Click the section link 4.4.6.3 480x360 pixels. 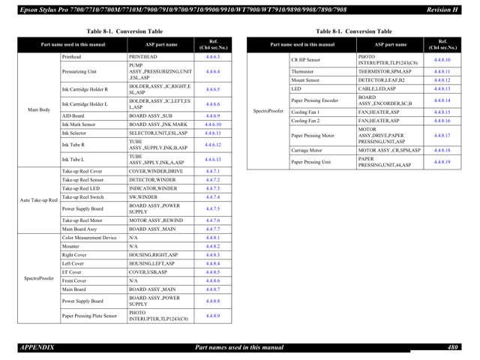[212, 57]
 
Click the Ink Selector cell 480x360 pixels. [73, 133]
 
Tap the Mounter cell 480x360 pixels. [70, 246]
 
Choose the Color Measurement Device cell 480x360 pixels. [88, 237]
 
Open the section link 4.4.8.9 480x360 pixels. [212, 316]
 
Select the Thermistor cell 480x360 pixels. [302, 71]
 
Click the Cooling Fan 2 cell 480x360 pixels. [305, 121]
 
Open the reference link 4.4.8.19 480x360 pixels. [442, 162]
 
